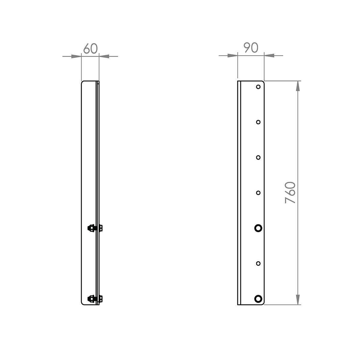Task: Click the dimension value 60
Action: (x=90, y=49)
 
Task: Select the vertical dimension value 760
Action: (x=291, y=193)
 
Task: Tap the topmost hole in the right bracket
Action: (x=258, y=87)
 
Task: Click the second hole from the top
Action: (x=258, y=122)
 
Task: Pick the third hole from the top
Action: (x=258, y=157)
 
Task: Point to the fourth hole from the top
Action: (x=258, y=193)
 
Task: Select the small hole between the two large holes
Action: (x=258, y=263)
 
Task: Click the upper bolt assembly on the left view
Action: (x=95, y=228)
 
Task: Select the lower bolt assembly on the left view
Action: (x=95, y=298)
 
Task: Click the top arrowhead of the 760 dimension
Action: (x=298, y=86)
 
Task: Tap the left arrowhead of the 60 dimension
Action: (x=76, y=56)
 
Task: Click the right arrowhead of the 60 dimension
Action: (x=104, y=56)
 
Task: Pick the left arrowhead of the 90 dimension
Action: (x=232, y=55)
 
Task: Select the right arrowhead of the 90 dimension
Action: (x=269, y=55)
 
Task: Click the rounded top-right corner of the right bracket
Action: (x=263, y=82)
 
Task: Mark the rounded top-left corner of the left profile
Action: (x=82, y=82)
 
